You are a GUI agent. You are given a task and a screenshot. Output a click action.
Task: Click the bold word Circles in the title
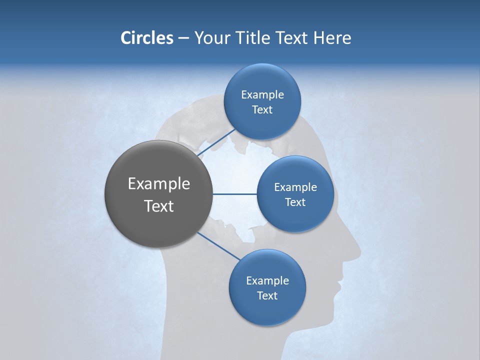tap(146, 38)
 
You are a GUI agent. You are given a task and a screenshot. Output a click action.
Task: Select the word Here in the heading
tap(332, 38)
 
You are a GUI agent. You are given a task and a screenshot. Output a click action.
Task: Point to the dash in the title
tap(183, 38)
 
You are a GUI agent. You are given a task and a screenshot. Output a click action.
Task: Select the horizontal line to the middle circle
tap(234, 194)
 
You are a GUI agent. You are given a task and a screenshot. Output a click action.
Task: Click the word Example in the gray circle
tap(159, 184)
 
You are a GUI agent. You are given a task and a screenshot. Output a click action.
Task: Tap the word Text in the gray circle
tap(159, 206)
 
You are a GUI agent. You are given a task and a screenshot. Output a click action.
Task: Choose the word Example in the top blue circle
tap(262, 95)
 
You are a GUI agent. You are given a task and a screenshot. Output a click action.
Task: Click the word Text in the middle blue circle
tap(295, 202)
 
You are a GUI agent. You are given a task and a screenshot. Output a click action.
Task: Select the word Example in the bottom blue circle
tap(267, 281)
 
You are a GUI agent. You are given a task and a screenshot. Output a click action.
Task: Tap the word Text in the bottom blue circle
tap(267, 296)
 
